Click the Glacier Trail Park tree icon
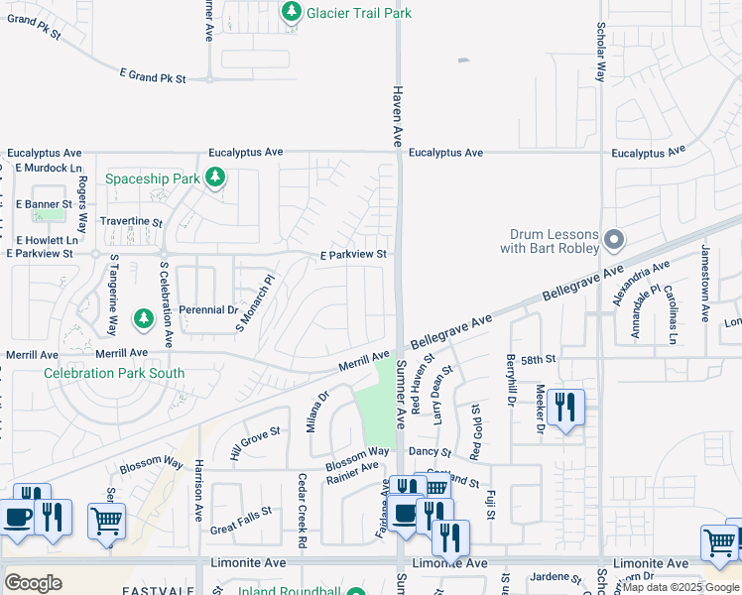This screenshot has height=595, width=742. coord(292,12)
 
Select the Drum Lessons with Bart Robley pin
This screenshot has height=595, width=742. coord(614,240)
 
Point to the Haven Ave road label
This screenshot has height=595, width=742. coord(400,115)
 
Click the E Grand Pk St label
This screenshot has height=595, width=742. coord(153,75)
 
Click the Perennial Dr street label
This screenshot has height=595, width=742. coord(206,310)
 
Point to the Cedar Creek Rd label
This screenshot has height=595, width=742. coord(302,510)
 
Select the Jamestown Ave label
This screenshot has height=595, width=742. coord(706,283)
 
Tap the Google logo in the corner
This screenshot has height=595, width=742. coord(33,583)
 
